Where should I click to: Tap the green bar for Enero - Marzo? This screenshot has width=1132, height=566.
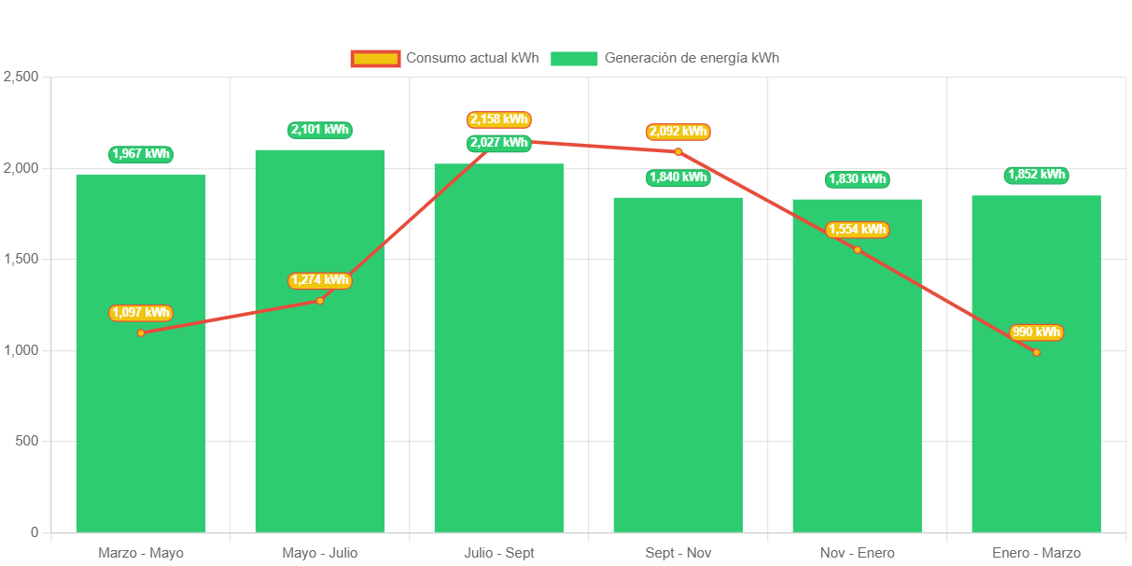1036,420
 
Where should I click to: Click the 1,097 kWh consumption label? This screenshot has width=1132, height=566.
141,313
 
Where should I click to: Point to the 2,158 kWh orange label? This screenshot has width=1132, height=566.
499,120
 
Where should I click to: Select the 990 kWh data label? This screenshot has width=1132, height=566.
1036,333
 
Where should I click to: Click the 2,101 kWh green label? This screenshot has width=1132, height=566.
320,130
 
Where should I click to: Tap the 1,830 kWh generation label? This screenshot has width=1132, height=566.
858,179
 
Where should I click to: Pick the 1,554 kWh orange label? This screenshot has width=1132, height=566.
858,230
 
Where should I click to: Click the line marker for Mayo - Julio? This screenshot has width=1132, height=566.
320,300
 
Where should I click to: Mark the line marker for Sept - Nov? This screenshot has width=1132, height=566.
678,151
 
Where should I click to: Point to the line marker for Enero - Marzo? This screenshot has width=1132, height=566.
1036,352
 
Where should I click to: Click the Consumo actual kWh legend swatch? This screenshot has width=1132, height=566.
375,58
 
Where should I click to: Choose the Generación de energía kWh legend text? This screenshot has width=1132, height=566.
692,58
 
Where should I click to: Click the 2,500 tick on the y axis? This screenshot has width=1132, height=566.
21,77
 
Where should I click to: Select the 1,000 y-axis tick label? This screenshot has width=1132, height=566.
21,349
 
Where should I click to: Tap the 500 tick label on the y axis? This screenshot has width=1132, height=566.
25,441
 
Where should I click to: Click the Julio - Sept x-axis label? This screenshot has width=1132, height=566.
499,553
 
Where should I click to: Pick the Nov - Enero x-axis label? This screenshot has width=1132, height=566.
857,553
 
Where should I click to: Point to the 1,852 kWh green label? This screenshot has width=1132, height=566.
1036,175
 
